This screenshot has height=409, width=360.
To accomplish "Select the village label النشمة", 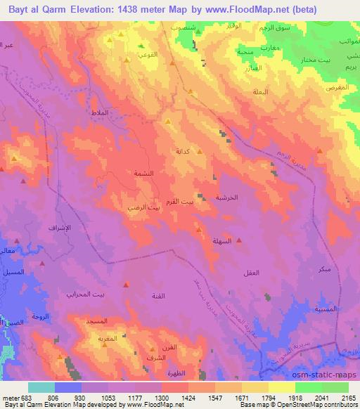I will [x=143, y=173].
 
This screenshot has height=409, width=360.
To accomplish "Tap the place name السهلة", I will [x=213, y=240].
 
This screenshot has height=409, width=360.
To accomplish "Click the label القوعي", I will [x=146, y=53].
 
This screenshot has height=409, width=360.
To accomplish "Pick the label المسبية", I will [x=326, y=309].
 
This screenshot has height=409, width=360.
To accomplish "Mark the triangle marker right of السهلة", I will [x=239, y=240].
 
